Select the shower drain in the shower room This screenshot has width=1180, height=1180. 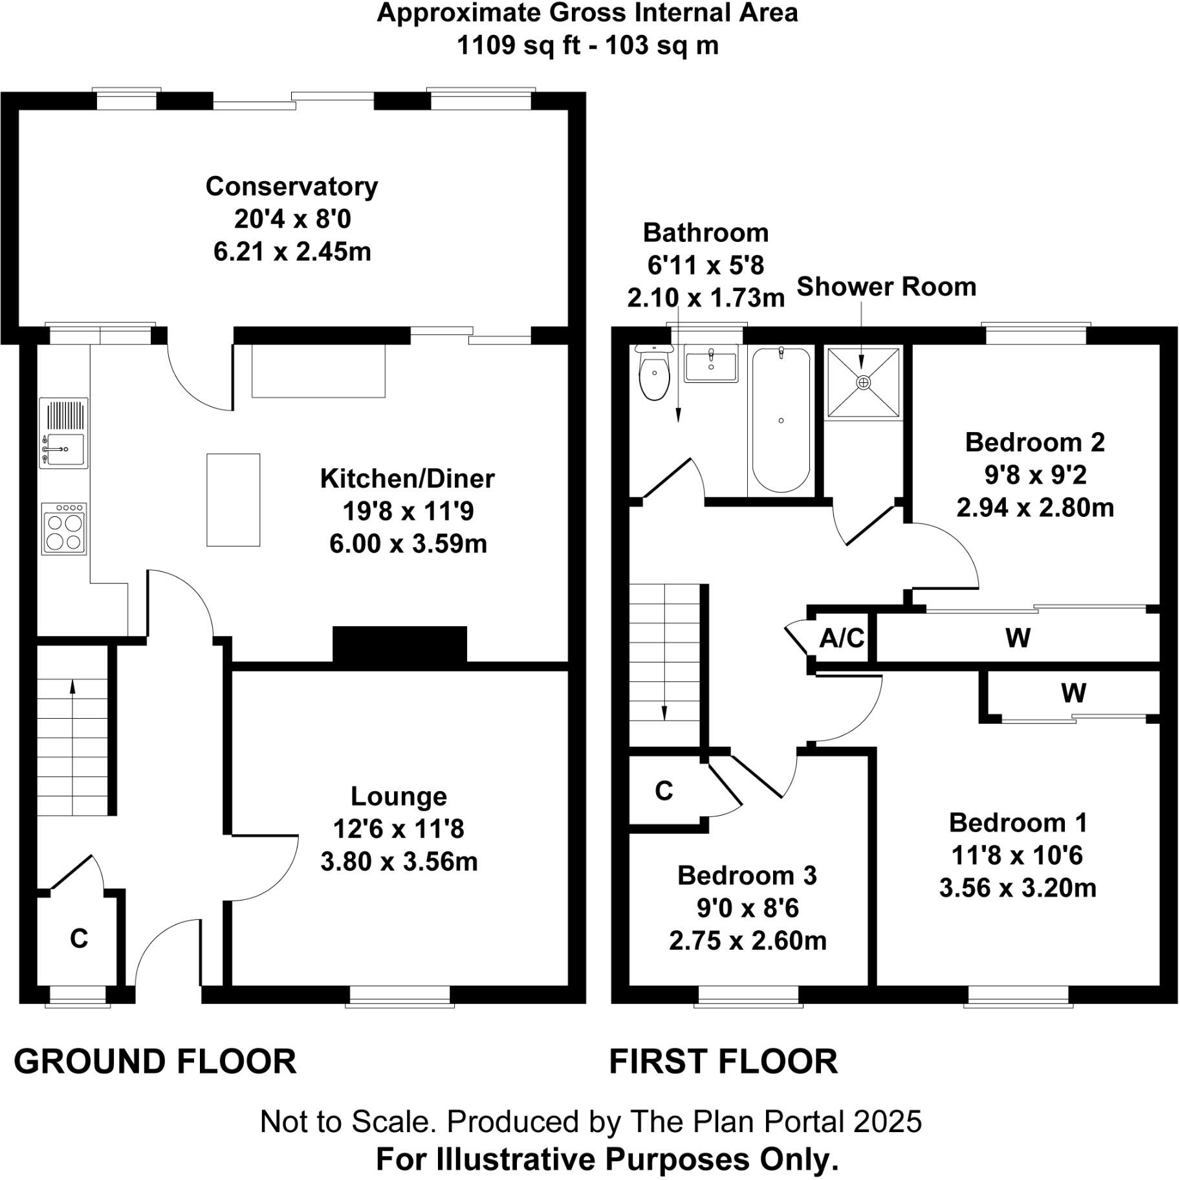(x=863, y=383)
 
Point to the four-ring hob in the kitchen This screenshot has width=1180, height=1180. (x=64, y=530)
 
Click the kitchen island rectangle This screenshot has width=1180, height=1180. (x=233, y=500)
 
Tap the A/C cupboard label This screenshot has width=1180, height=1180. (x=842, y=639)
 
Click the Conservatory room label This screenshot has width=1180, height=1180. (x=292, y=186)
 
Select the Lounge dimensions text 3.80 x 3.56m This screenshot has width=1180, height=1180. (x=399, y=862)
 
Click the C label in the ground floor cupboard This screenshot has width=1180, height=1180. (x=79, y=938)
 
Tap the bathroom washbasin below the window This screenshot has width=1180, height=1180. (x=711, y=366)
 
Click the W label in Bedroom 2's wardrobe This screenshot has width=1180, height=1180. (x=1018, y=639)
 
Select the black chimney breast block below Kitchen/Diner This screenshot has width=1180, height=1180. (x=400, y=644)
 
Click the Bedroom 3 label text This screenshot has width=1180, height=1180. (x=747, y=875)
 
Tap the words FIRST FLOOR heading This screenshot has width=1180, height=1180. (x=723, y=1062)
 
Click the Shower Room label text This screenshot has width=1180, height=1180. (x=886, y=287)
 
